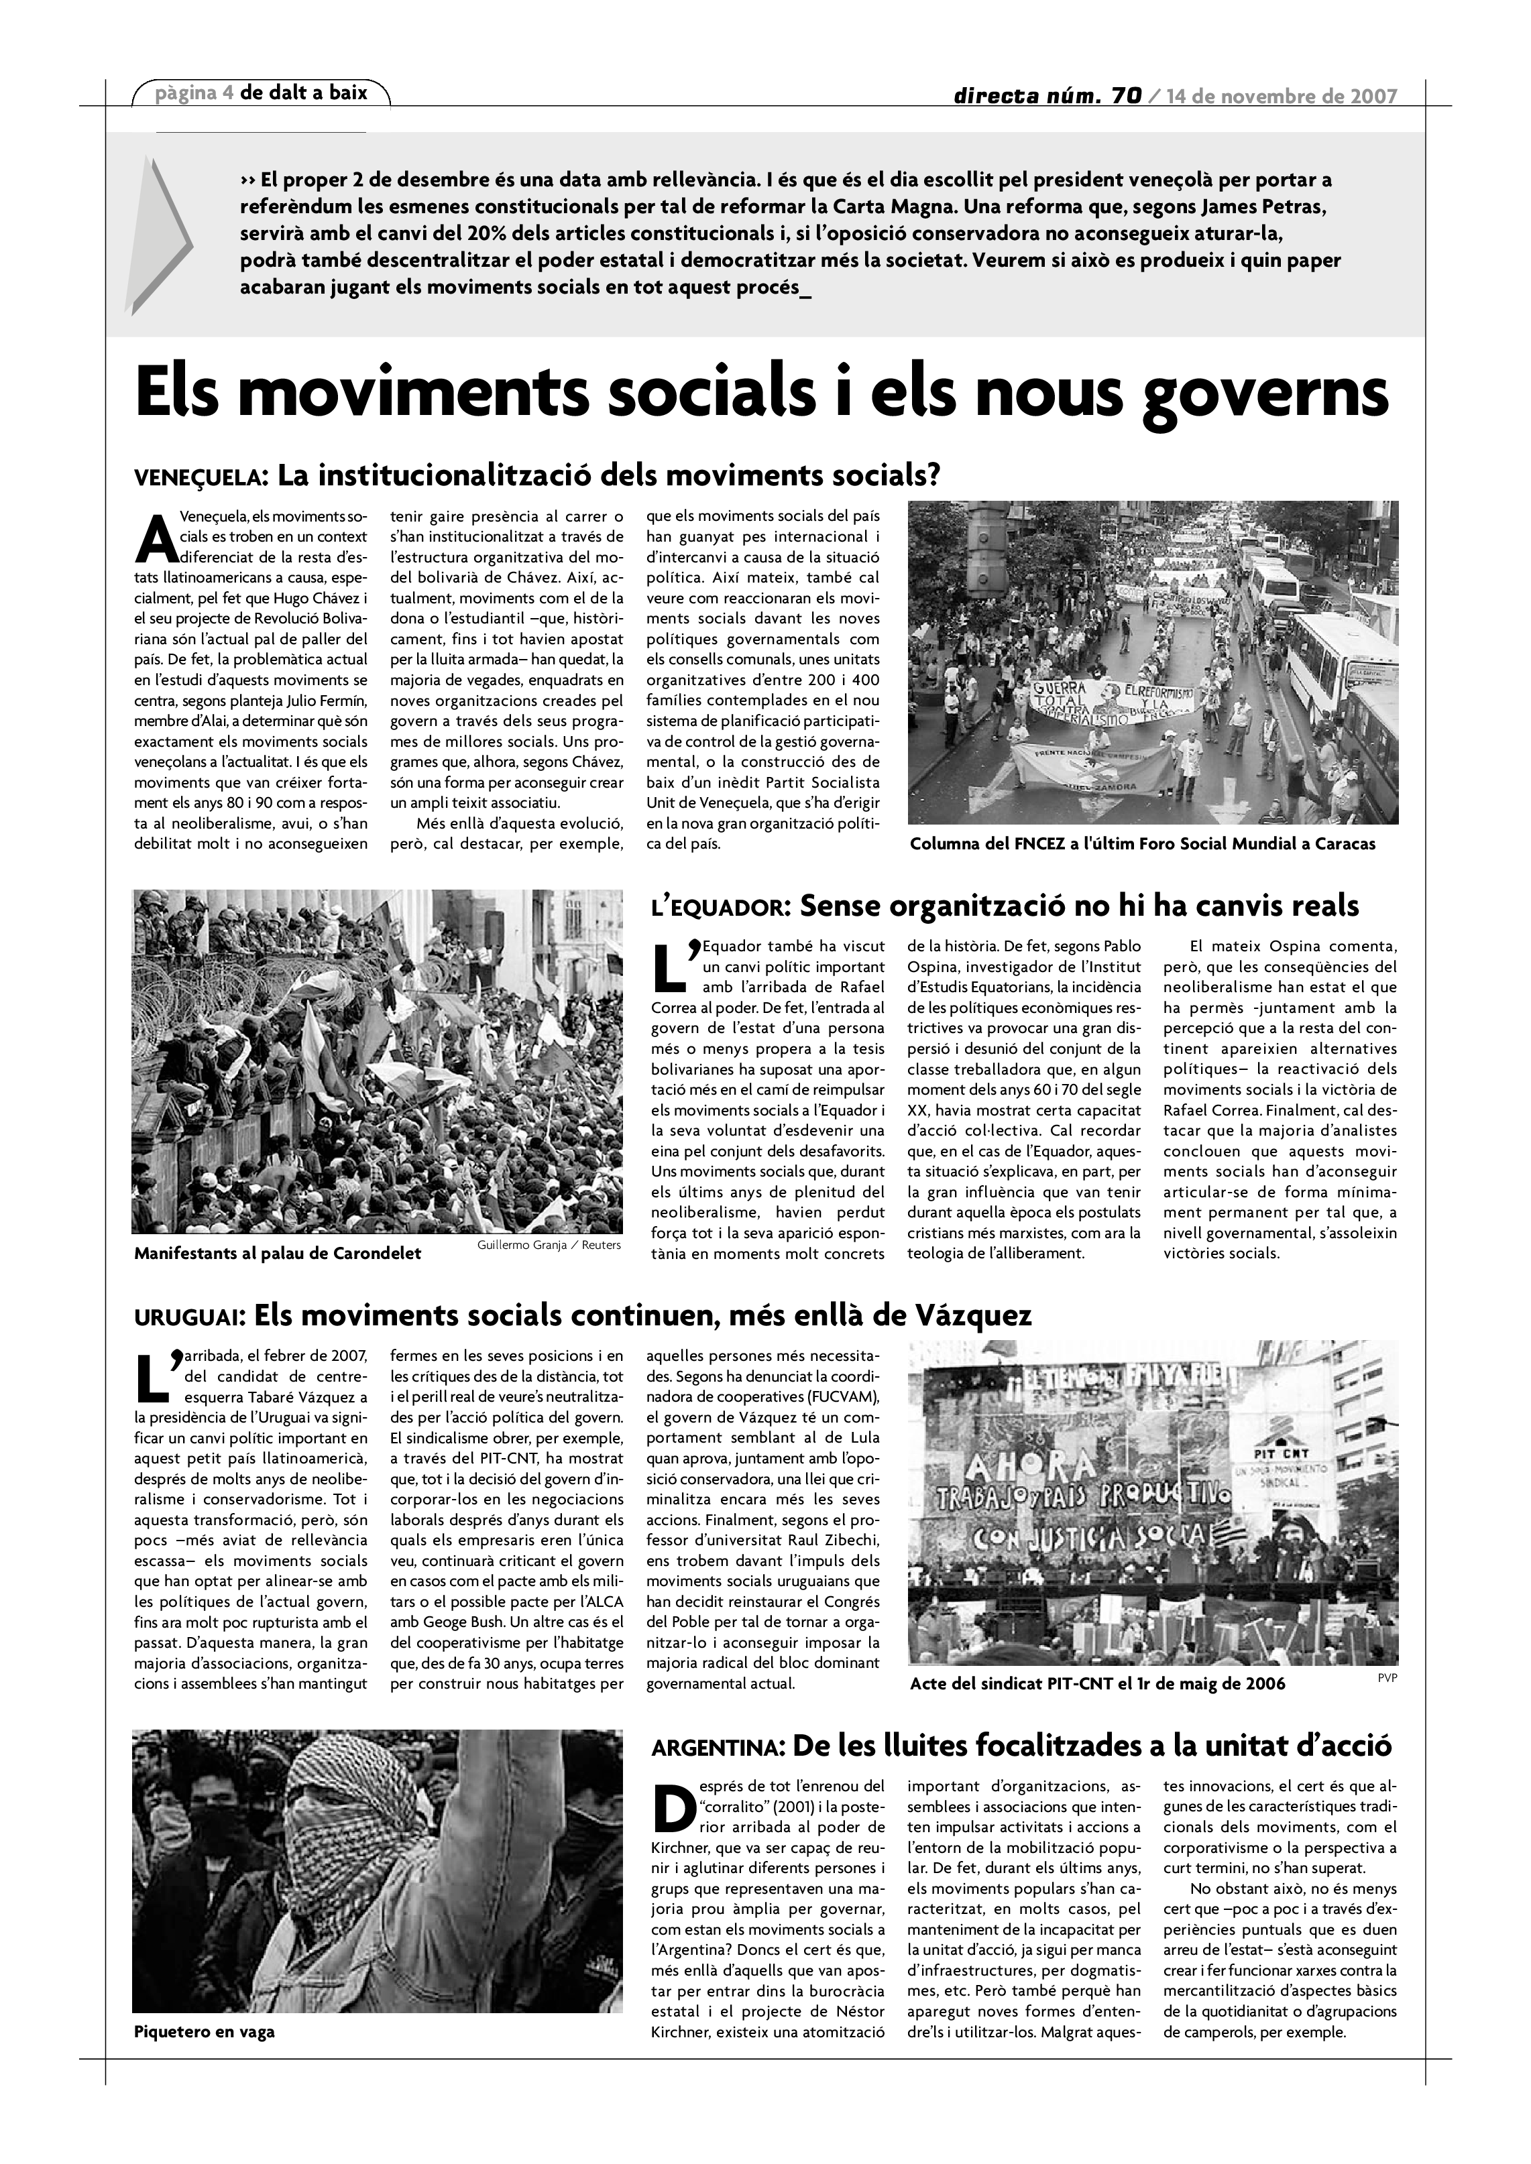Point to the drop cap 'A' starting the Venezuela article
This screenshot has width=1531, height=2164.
155,538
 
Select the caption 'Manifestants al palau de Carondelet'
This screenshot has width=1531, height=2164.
277,1254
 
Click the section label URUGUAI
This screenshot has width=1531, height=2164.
190,1317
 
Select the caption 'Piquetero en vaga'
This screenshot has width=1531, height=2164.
205,2032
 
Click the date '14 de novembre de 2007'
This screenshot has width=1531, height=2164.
1281,96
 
